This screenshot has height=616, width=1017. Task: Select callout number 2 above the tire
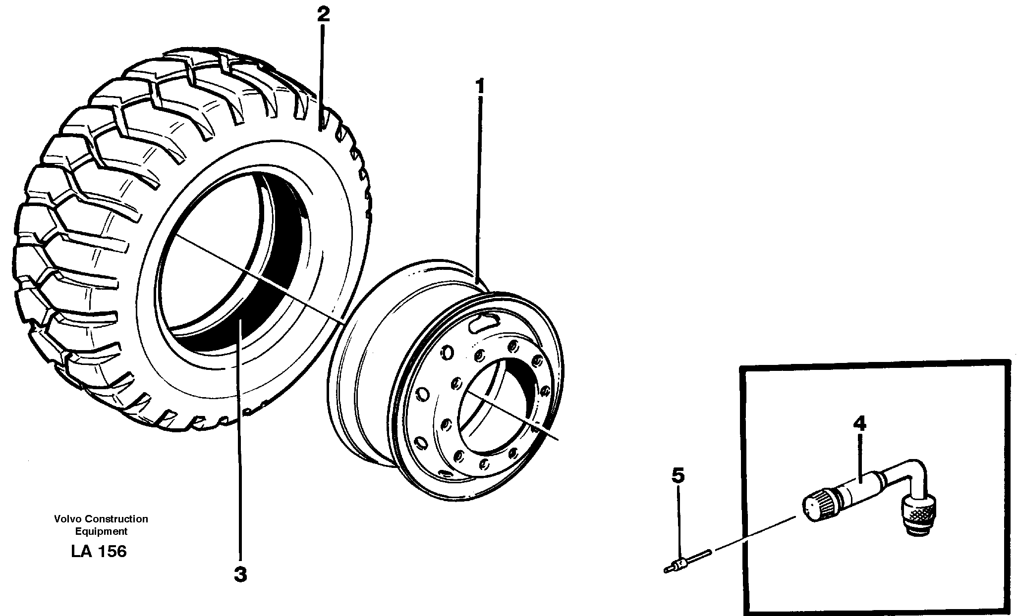tap(323, 14)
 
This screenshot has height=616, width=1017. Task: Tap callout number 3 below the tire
tap(240, 575)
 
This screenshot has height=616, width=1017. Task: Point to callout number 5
tap(678, 475)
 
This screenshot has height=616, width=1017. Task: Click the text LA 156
tap(99, 551)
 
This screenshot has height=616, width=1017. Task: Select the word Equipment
tap(101, 531)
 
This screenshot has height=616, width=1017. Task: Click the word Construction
tap(116, 519)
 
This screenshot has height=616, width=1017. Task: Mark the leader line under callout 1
tap(479, 188)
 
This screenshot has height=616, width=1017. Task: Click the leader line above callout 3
tap(240, 446)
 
